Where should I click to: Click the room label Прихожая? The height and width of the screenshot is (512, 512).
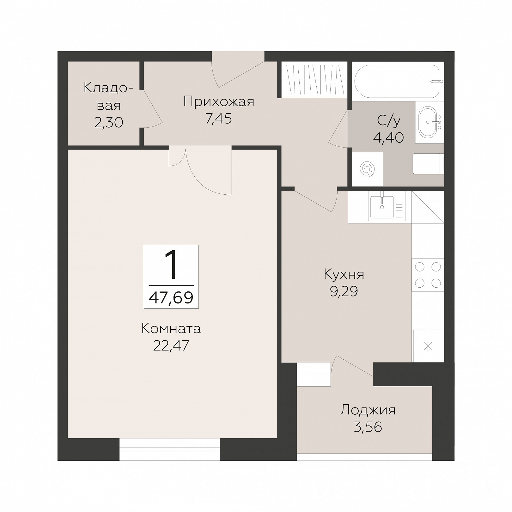219,102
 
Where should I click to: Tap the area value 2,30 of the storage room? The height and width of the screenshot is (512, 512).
108,123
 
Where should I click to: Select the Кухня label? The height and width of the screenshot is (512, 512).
344,274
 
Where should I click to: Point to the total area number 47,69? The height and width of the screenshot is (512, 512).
171,297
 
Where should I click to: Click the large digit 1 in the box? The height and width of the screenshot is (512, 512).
171,265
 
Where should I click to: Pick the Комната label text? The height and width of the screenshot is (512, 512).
171,329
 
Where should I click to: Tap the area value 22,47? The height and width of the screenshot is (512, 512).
171,345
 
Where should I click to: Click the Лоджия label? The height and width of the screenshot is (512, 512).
368,410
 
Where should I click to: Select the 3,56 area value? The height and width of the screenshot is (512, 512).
368,427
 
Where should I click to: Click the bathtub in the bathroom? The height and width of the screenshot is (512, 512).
397,82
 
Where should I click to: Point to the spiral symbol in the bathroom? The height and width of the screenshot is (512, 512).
367,169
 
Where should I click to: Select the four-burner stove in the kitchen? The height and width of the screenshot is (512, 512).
428,275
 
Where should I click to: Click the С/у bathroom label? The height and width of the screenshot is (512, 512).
389,121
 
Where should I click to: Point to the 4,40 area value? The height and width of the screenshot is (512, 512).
389,138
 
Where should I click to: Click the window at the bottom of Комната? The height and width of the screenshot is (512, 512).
169,449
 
